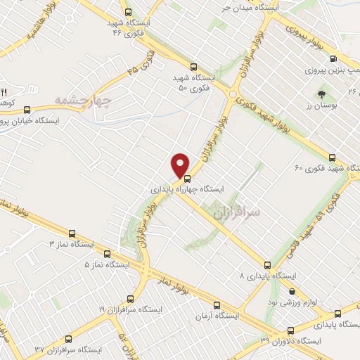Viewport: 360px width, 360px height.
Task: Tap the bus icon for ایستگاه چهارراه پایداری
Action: pyautogui.click(x=186, y=178)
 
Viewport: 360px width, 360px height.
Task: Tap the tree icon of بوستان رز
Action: pyautogui.click(x=321, y=93)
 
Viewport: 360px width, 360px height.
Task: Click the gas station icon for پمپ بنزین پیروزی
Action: pyautogui.click(x=333, y=58)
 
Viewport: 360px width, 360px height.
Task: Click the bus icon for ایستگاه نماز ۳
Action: pyautogui.click(x=72, y=233)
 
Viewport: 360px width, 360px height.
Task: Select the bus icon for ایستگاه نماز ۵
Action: pyautogui.click(x=107, y=254)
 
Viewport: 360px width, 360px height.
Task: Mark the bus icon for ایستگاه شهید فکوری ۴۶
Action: pyautogui.click(x=127, y=12)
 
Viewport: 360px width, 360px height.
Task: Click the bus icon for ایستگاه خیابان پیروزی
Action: pyautogui.click(x=27, y=110)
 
